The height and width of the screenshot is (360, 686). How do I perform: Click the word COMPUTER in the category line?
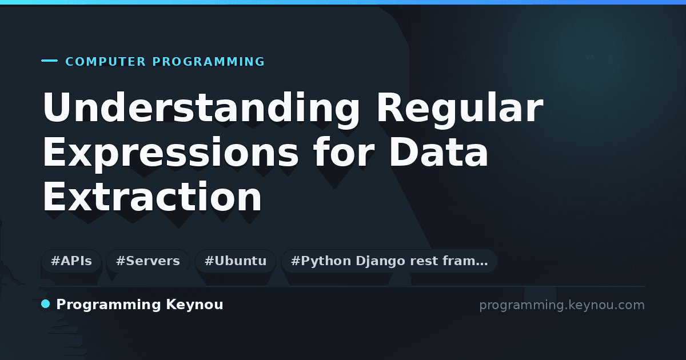[106, 62]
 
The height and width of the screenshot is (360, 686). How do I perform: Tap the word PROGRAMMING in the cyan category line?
[208, 62]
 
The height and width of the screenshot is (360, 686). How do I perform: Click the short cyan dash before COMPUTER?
[49, 61]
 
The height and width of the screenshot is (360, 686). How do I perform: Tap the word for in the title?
[344, 151]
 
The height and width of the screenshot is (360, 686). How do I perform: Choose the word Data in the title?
[439, 151]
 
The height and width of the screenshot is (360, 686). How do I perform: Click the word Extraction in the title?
[152, 196]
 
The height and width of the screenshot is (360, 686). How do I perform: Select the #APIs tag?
[71, 261]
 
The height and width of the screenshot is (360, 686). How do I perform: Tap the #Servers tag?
[148, 261]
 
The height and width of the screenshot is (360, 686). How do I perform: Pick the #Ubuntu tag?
[236, 261]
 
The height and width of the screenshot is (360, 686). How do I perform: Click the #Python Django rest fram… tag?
[389, 261]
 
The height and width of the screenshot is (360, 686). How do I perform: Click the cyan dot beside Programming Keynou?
[46, 304]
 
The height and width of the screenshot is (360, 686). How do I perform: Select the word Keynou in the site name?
[194, 305]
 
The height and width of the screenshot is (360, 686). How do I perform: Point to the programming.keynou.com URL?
[562, 305]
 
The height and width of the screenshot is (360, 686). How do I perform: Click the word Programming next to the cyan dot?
[109, 305]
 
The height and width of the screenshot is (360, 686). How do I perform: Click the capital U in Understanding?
[56, 106]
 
